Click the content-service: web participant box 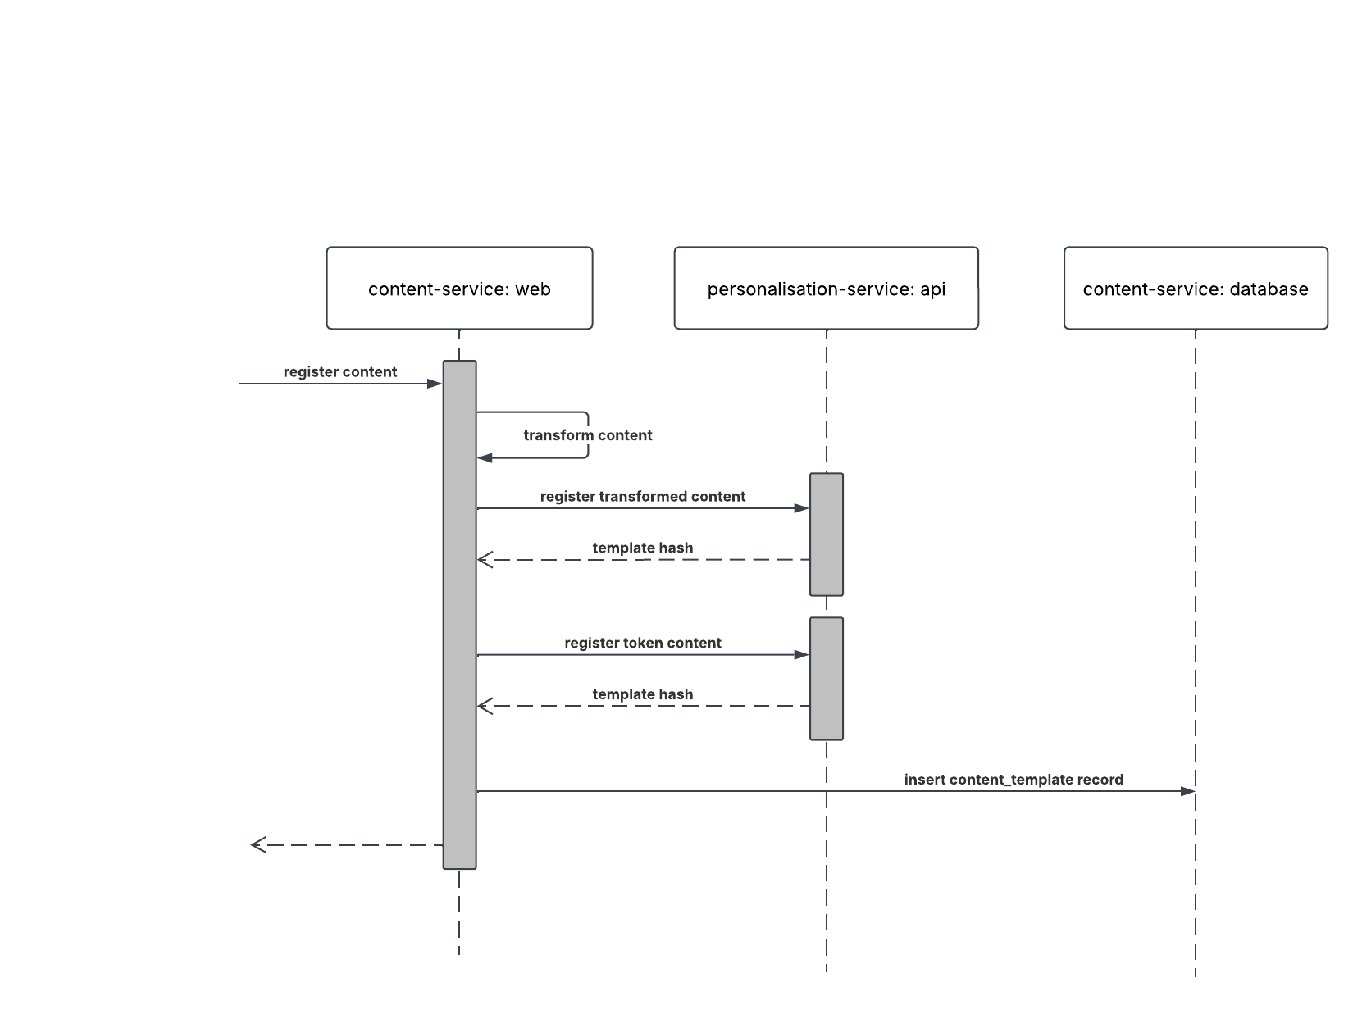(x=459, y=289)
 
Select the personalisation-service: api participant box (x=826, y=289)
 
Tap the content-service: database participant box (x=1195, y=289)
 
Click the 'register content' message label (x=340, y=372)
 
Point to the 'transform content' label (x=588, y=435)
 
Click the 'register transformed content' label (x=643, y=497)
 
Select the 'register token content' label (x=643, y=644)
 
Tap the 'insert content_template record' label (x=1014, y=780)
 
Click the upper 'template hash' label (x=643, y=548)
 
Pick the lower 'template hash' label (x=643, y=695)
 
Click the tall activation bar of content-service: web (x=459, y=615)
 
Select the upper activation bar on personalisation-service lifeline (x=827, y=534)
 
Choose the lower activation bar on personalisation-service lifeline (x=827, y=679)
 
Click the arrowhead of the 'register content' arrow (x=435, y=384)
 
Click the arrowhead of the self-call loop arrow (x=485, y=457)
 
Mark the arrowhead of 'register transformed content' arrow (x=802, y=508)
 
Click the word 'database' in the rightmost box (x=1269, y=289)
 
